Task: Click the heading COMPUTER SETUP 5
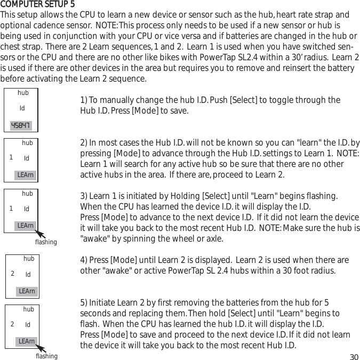coord(38,5)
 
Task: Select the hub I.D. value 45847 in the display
coord(21,126)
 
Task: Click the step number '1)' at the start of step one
coord(84,100)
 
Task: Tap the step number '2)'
coord(84,143)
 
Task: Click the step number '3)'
coord(84,196)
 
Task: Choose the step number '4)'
coord(84,260)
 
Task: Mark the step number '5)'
coord(84,303)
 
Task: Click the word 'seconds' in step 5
coord(94,314)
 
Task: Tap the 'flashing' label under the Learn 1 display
coord(46,242)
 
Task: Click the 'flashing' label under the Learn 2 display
coord(46,356)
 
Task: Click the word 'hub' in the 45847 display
coord(23,93)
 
